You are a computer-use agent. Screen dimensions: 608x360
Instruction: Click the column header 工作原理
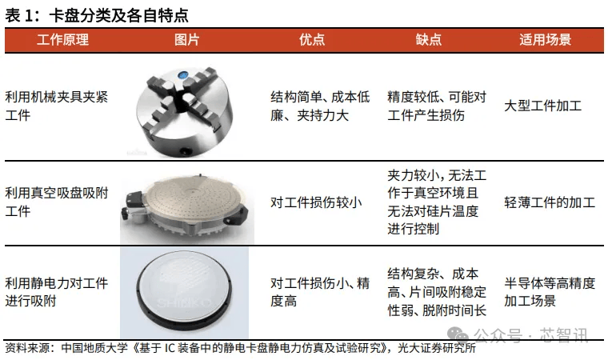[63, 39]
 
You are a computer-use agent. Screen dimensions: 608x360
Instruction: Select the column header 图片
[186, 39]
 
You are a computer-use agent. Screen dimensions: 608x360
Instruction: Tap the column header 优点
[312, 39]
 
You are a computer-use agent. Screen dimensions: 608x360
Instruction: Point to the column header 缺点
[429, 39]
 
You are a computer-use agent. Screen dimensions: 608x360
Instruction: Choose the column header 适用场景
[545, 39]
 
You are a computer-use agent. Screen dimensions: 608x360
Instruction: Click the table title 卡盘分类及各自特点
[118, 16]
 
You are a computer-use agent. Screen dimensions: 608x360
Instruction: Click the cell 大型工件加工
[543, 106]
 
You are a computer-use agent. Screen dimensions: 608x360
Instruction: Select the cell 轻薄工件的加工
[550, 202]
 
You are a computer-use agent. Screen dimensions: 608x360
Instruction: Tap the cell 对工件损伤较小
[316, 202]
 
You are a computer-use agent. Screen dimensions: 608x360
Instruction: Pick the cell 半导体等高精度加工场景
[550, 292]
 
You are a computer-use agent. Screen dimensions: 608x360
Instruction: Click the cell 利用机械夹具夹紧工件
[57, 106]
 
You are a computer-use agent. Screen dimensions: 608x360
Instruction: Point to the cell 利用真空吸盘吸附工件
[57, 202]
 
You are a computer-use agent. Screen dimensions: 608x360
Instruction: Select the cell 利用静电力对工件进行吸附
[57, 292]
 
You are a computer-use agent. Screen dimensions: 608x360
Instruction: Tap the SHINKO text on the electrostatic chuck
[185, 302]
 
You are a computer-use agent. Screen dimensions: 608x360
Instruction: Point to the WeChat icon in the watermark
[458, 335]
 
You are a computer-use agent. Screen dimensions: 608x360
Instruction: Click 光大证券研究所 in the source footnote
[437, 348]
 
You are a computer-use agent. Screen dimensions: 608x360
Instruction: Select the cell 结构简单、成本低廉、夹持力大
[320, 106]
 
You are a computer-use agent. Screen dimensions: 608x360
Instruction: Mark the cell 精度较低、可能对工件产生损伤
[437, 106]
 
